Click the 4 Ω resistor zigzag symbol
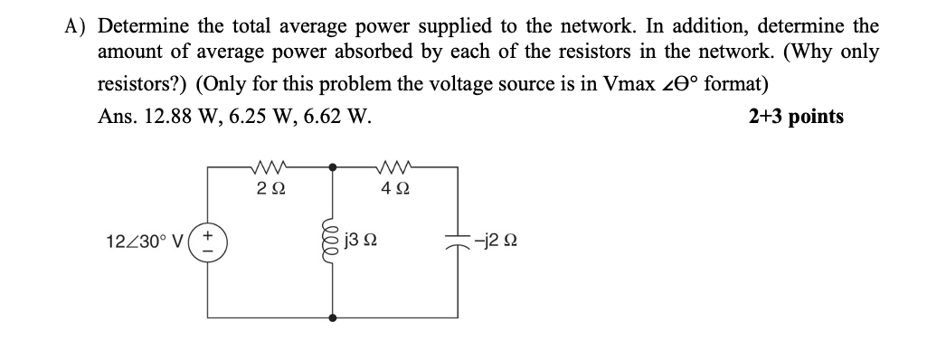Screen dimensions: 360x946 (395, 166)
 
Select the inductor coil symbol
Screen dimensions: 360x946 (334, 242)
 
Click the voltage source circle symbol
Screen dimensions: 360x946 (210, 242)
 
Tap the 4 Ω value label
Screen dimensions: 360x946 (395, 188)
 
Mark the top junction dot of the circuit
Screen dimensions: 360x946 (334, 167)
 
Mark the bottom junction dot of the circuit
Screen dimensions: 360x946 (334, 317)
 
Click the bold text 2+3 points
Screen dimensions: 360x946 (796, 117)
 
